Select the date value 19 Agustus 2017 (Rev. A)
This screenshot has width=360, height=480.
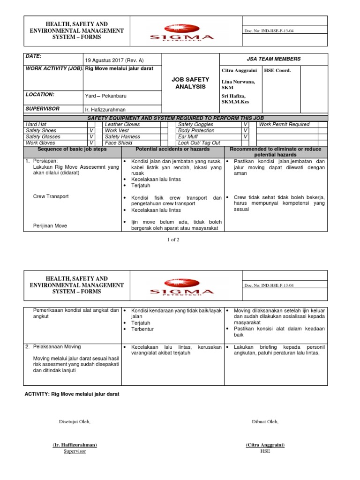(x=114, y=60)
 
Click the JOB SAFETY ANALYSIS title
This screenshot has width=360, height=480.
(x=190, y=83)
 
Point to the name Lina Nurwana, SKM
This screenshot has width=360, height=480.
(x=239, y=84)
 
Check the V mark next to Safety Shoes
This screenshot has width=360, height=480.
(x=91, y=131)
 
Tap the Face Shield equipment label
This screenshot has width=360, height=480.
(x=119, y=143)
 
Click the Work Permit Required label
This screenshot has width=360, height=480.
(x=284, y=125)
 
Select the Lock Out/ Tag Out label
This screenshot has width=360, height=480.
(x=199, y=143)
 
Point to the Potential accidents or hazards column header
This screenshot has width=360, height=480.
(x=172, y=149)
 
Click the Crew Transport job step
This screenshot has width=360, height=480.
(x=51, y=196)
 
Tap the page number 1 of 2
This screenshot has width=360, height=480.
(x=173, y=240)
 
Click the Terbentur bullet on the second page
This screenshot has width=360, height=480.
(x=142, y=330)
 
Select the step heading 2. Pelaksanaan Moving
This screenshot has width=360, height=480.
(x=52, y=347)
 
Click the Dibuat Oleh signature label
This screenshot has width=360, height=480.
(x=265, y=421)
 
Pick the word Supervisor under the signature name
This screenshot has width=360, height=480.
(x=75, y=451)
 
